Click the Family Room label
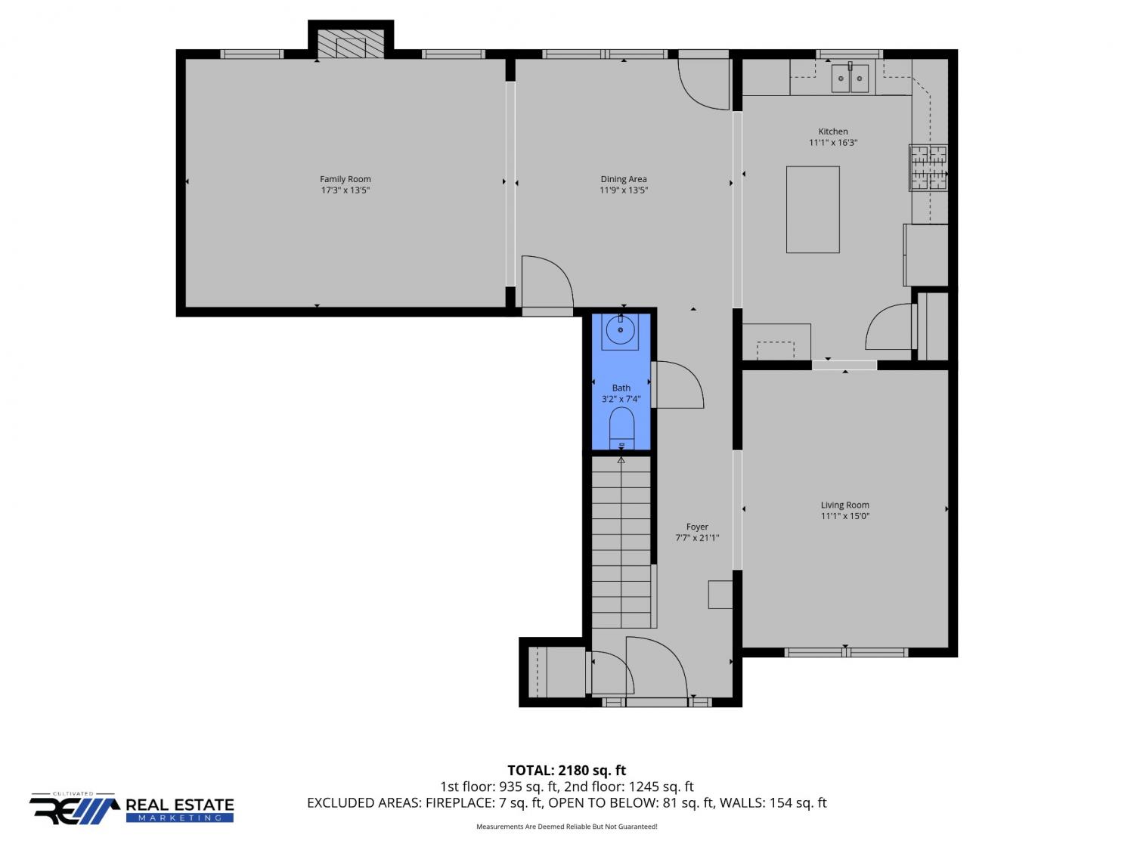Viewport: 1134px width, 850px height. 345,179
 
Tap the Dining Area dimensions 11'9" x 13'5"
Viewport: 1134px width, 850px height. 624,190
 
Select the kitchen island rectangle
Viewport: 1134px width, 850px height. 813,209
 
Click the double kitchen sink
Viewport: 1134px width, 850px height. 850,78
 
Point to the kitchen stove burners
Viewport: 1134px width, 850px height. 928,168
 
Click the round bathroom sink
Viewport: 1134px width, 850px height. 620,329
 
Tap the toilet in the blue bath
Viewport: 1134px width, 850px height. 621,428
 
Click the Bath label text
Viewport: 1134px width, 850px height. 621,388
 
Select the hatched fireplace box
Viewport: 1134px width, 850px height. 351,44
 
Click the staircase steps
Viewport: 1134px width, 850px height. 621,542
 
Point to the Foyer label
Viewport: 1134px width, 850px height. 697,527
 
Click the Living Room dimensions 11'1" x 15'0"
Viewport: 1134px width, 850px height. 845,515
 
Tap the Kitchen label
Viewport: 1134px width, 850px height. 833,131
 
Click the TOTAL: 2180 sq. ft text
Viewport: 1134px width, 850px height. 567,770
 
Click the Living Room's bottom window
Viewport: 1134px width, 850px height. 846,652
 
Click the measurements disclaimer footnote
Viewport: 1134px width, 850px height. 567,827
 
